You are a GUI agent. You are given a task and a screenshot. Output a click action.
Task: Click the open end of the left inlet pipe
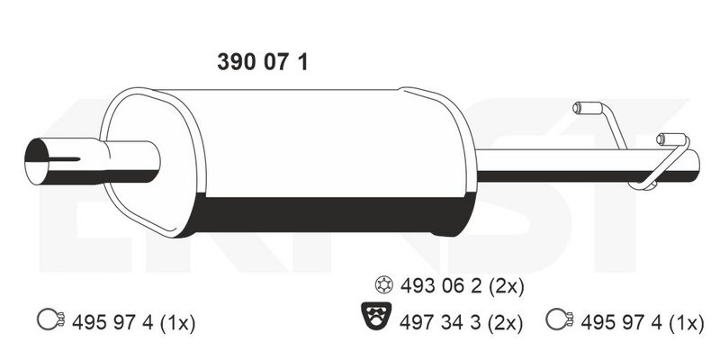(x=38, y=162)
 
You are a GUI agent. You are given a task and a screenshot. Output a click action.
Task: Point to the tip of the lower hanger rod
(x=663, y=139)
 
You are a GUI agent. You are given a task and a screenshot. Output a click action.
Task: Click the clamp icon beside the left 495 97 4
(x=49, y=319)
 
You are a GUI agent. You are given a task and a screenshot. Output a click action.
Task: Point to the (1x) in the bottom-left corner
(x=175, y=320)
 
